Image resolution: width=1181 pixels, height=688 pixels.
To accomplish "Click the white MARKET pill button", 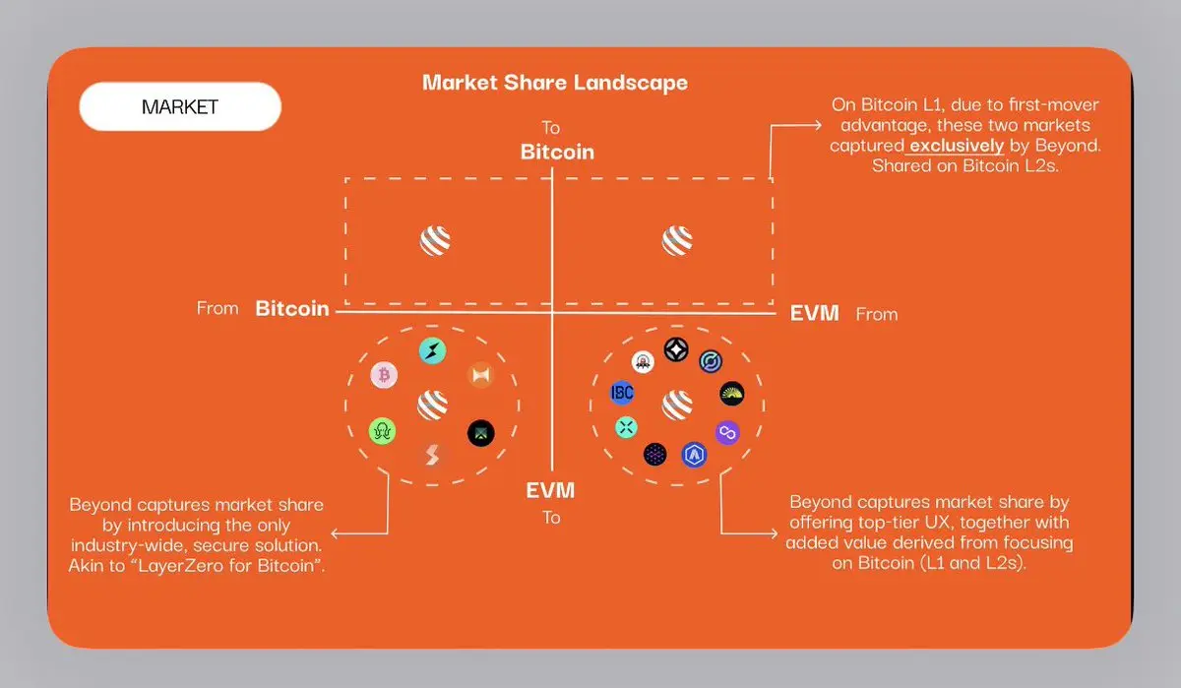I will pyautogui.click(x=180, y=107).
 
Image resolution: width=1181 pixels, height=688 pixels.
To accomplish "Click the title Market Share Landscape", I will pyautogui.click(x=554, y=82).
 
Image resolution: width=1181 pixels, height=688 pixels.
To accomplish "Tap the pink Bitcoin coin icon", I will pyautogui.click(x=384, y=375).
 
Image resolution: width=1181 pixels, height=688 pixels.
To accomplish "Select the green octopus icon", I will pyautogui.click(x=382, y=430).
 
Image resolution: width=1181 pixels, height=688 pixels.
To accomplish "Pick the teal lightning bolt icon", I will pyautogui.click(x=432, y=350).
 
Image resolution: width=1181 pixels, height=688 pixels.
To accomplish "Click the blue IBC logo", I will pyautogui.click(x=622, y=393).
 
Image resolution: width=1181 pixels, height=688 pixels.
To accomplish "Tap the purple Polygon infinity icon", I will pyautogui.click(x=727, y=432).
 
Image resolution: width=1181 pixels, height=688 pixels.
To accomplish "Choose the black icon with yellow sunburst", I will pyautogui.click(x=731, y=395).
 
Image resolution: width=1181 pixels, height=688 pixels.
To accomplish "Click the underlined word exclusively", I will pyautogui.click(x=957, y=146).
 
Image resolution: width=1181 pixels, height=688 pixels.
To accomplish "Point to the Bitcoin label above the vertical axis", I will pyautogui.click(x=557, y=152).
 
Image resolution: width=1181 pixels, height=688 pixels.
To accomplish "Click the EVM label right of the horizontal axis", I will pyautogui.click(x=815, y=313).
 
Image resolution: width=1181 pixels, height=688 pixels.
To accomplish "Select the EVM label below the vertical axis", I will pyautogui.click(x=549, y=490).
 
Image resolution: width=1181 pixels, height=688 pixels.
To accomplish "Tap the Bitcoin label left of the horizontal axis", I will pyautogui.click(x=292, y=308).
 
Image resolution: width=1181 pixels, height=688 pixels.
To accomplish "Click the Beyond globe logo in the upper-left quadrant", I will pyautogui.click(x=435, y=241).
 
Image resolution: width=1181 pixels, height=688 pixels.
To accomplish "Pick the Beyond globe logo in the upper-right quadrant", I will pyautogui.click(x=677, y=241).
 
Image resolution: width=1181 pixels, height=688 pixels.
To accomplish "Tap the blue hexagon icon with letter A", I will pyautogui.click(x=695, y=454).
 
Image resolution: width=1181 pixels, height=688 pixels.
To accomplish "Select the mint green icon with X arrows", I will pyautogui.click(x=627, y=427).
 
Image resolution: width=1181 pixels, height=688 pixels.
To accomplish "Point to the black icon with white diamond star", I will pyautogui.click(x=675, y=348).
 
